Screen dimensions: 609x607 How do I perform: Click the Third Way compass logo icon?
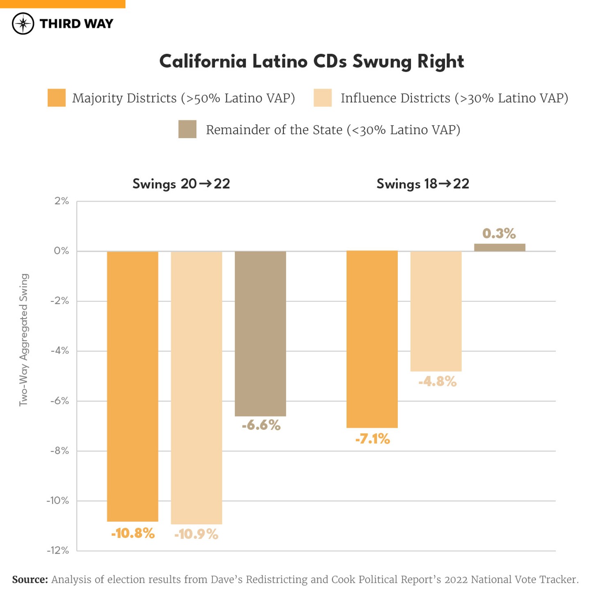(23, 23)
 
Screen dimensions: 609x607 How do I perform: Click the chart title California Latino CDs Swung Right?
(311, 62)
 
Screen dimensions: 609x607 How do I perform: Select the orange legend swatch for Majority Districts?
(57, 98)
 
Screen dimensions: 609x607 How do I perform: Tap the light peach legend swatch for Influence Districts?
(322, 98)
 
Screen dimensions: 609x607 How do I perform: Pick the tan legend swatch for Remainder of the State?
(187, 129)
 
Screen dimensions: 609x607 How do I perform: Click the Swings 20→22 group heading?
(181, 184)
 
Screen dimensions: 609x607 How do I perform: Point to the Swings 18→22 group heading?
(422, 184)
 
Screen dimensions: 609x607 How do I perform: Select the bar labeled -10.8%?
(132, 385)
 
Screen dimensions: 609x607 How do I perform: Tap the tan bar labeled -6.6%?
(260, 333)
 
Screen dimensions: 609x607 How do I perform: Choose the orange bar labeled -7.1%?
(372, 339)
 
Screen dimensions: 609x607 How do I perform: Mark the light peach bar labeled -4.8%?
(436, 311)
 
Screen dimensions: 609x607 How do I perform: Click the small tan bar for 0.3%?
(500, 247)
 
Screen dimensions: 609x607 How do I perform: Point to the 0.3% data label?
(499, 233)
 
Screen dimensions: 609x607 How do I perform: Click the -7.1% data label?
(372, 439)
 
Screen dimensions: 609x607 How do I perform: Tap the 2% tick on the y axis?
(62, 201)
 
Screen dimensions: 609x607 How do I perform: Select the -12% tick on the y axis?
(58, 550)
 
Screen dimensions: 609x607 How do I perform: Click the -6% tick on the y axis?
(59, 401)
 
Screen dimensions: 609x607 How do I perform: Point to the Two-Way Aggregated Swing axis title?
(24, 340)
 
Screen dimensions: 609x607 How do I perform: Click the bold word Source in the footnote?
(30, 579)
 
